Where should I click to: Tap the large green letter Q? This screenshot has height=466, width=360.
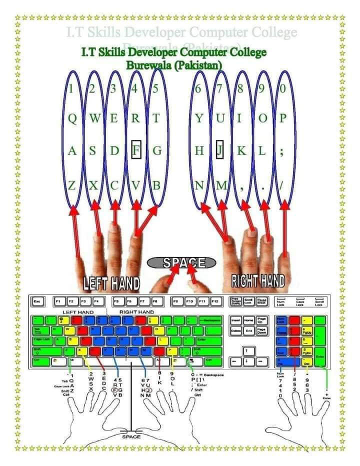(x=72, y=119)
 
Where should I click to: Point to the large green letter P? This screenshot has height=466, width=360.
(x=282, y=119)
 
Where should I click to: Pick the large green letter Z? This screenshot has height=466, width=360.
(x=72, y=186)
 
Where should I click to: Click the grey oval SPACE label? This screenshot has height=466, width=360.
(x=181, y=262)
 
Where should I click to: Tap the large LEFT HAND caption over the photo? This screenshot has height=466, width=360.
(x=111, y=283)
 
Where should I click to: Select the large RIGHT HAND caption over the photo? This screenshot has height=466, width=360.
(x=258, y=280)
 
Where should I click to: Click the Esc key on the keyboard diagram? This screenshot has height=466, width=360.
(x=36, y=302)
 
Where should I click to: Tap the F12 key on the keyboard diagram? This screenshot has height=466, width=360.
(x=216, y=302)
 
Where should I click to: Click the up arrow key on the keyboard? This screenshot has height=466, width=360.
(x=246, y=350)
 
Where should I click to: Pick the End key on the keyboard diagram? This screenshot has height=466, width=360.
(x=248, y=330)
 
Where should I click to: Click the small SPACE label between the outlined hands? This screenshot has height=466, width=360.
(x=131, y=436)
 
